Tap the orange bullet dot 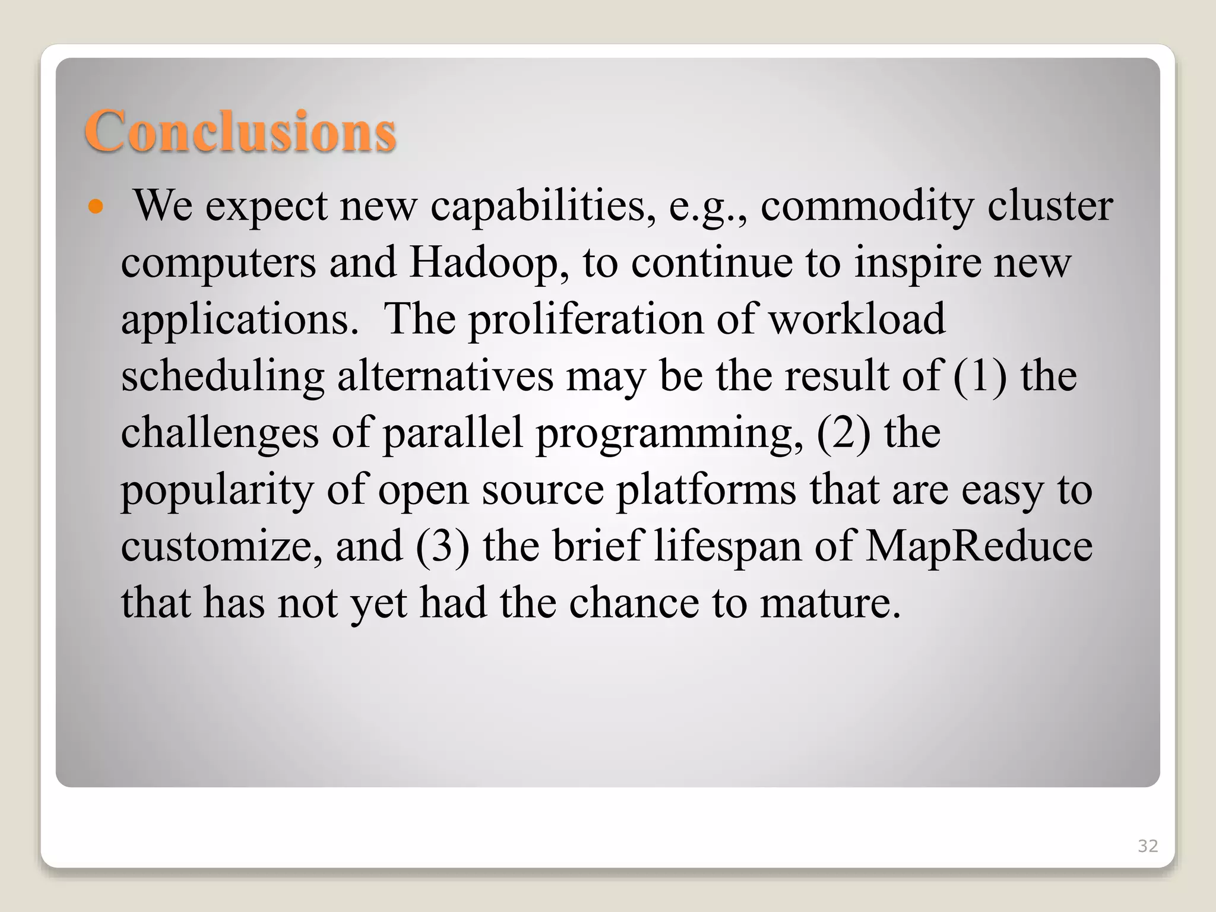[x=95, y=207]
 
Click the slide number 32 [x=1147, y=846]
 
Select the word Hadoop [x=484, y=263]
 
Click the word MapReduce [x=978, y=546]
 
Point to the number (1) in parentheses [x=980, y=376]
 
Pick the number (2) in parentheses [x=844, y=433]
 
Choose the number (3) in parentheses [x=442, y=546]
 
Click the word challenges [x=220, y=434]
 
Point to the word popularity [x=217, y=491]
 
